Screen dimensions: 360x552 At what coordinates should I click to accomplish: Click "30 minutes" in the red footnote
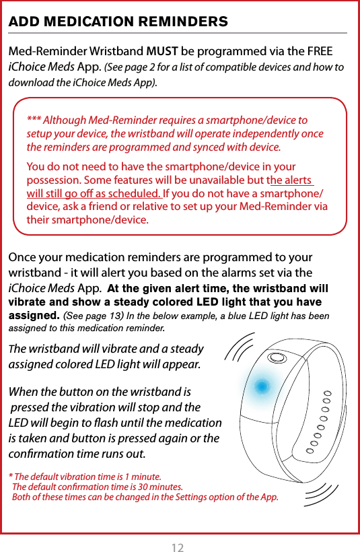[x=161, y=486]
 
